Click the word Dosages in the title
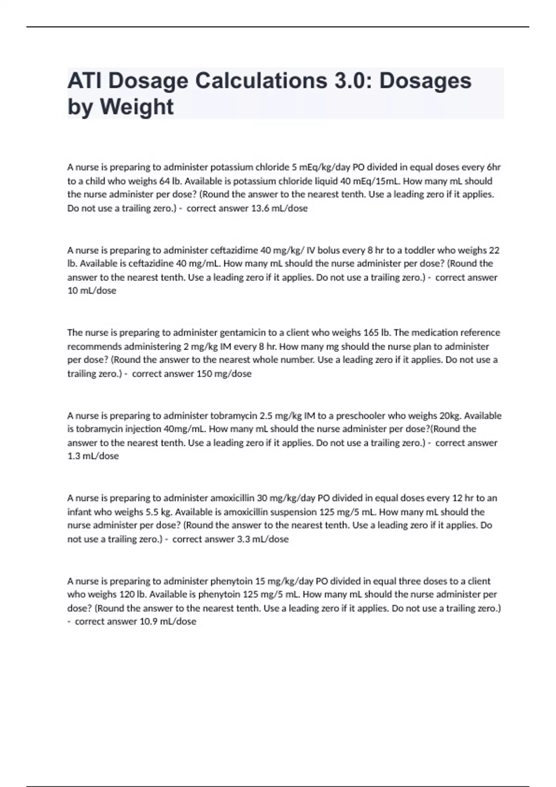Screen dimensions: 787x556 click(x=425, y=81)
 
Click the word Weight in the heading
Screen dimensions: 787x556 click(x=137, y=107)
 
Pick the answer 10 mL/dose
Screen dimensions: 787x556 click(x=92, y=291)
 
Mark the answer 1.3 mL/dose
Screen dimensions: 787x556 click(x=93, y=456)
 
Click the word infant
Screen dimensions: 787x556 click(x=79, y=512)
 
